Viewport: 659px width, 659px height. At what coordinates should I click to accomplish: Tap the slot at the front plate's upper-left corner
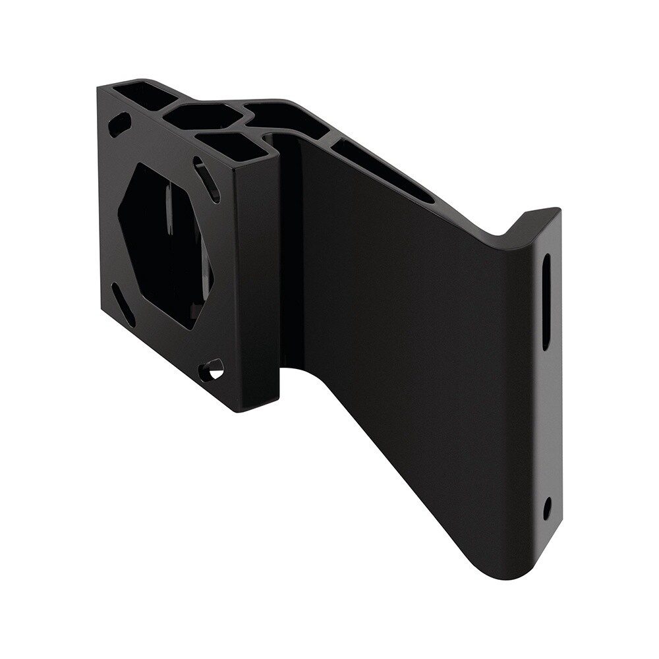coord(120,123)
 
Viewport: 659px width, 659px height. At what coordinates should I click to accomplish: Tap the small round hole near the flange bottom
coord(546,507)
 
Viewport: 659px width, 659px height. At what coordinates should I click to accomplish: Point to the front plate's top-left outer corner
coord(99,87)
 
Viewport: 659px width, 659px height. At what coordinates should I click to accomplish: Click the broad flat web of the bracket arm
coord(409,343)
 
